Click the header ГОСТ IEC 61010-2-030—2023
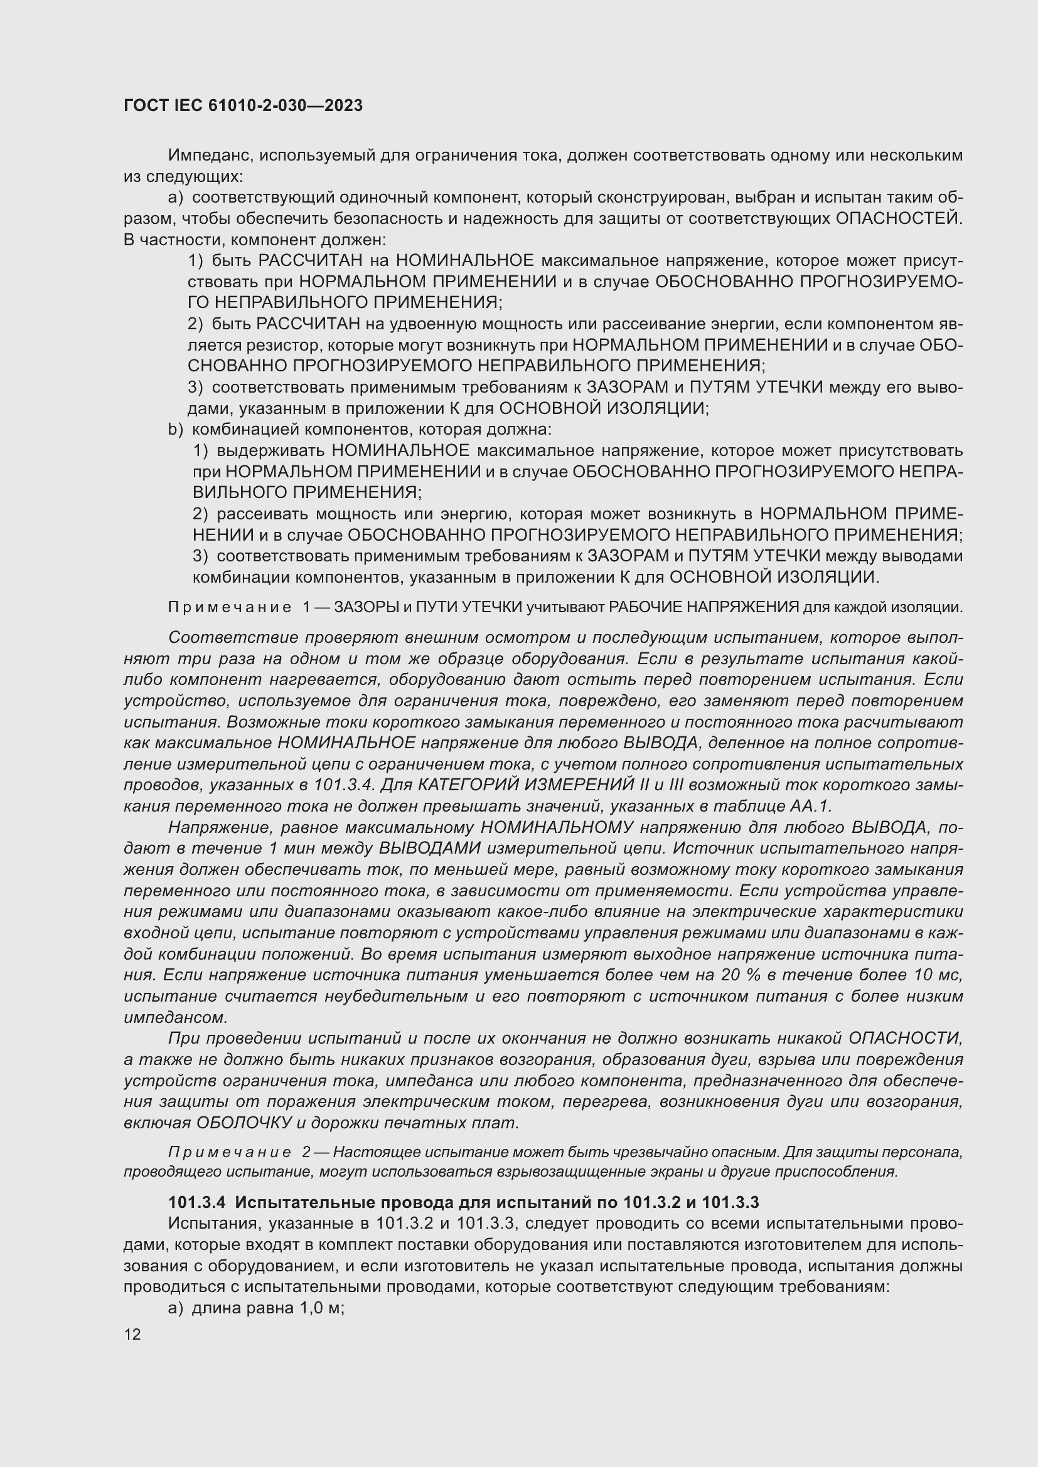coord(243,105)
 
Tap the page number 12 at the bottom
coord(132,1334)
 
